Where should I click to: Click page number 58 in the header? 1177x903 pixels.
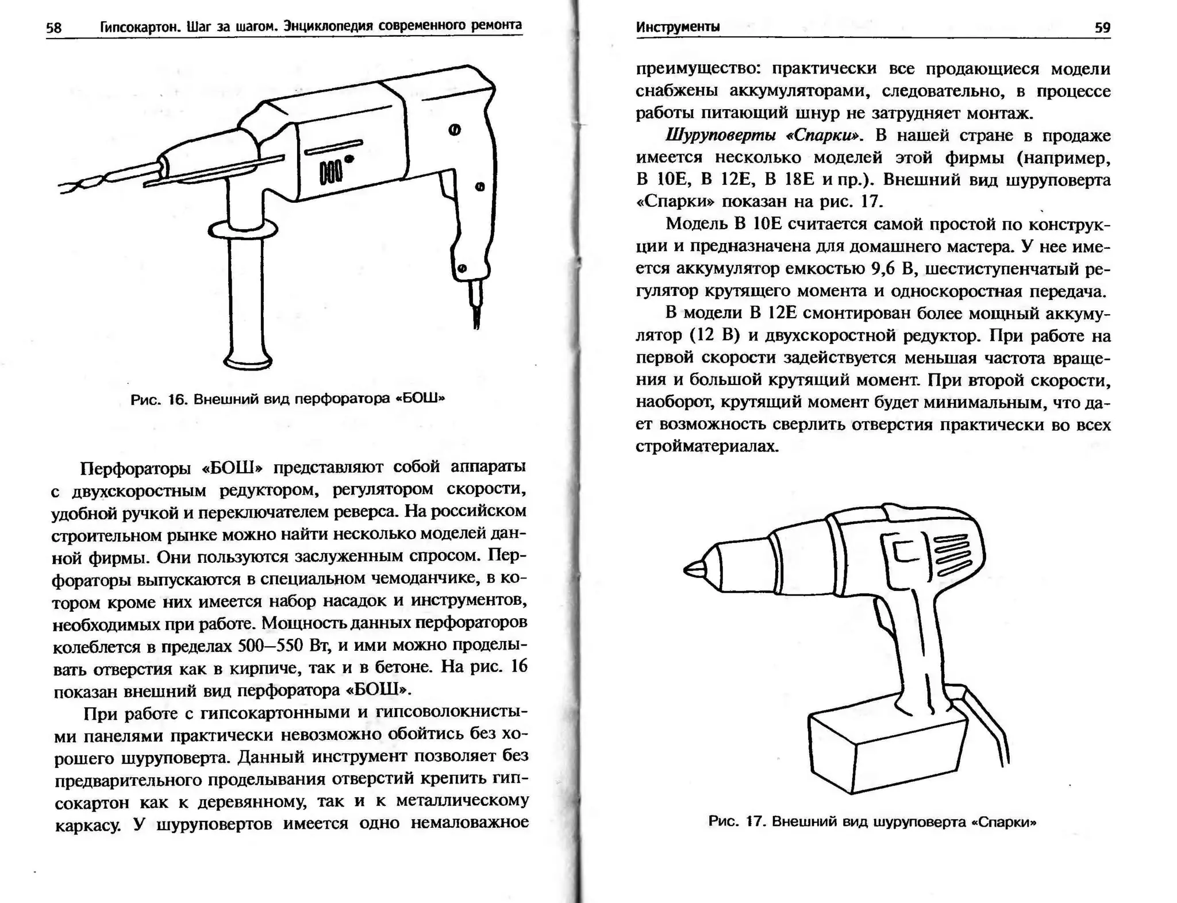[x=53, y=28]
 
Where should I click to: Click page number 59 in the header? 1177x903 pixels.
[x=1102, y=28]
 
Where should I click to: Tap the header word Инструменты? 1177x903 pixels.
[x=678, y=27]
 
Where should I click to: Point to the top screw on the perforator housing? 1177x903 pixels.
[x=454, y=130]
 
